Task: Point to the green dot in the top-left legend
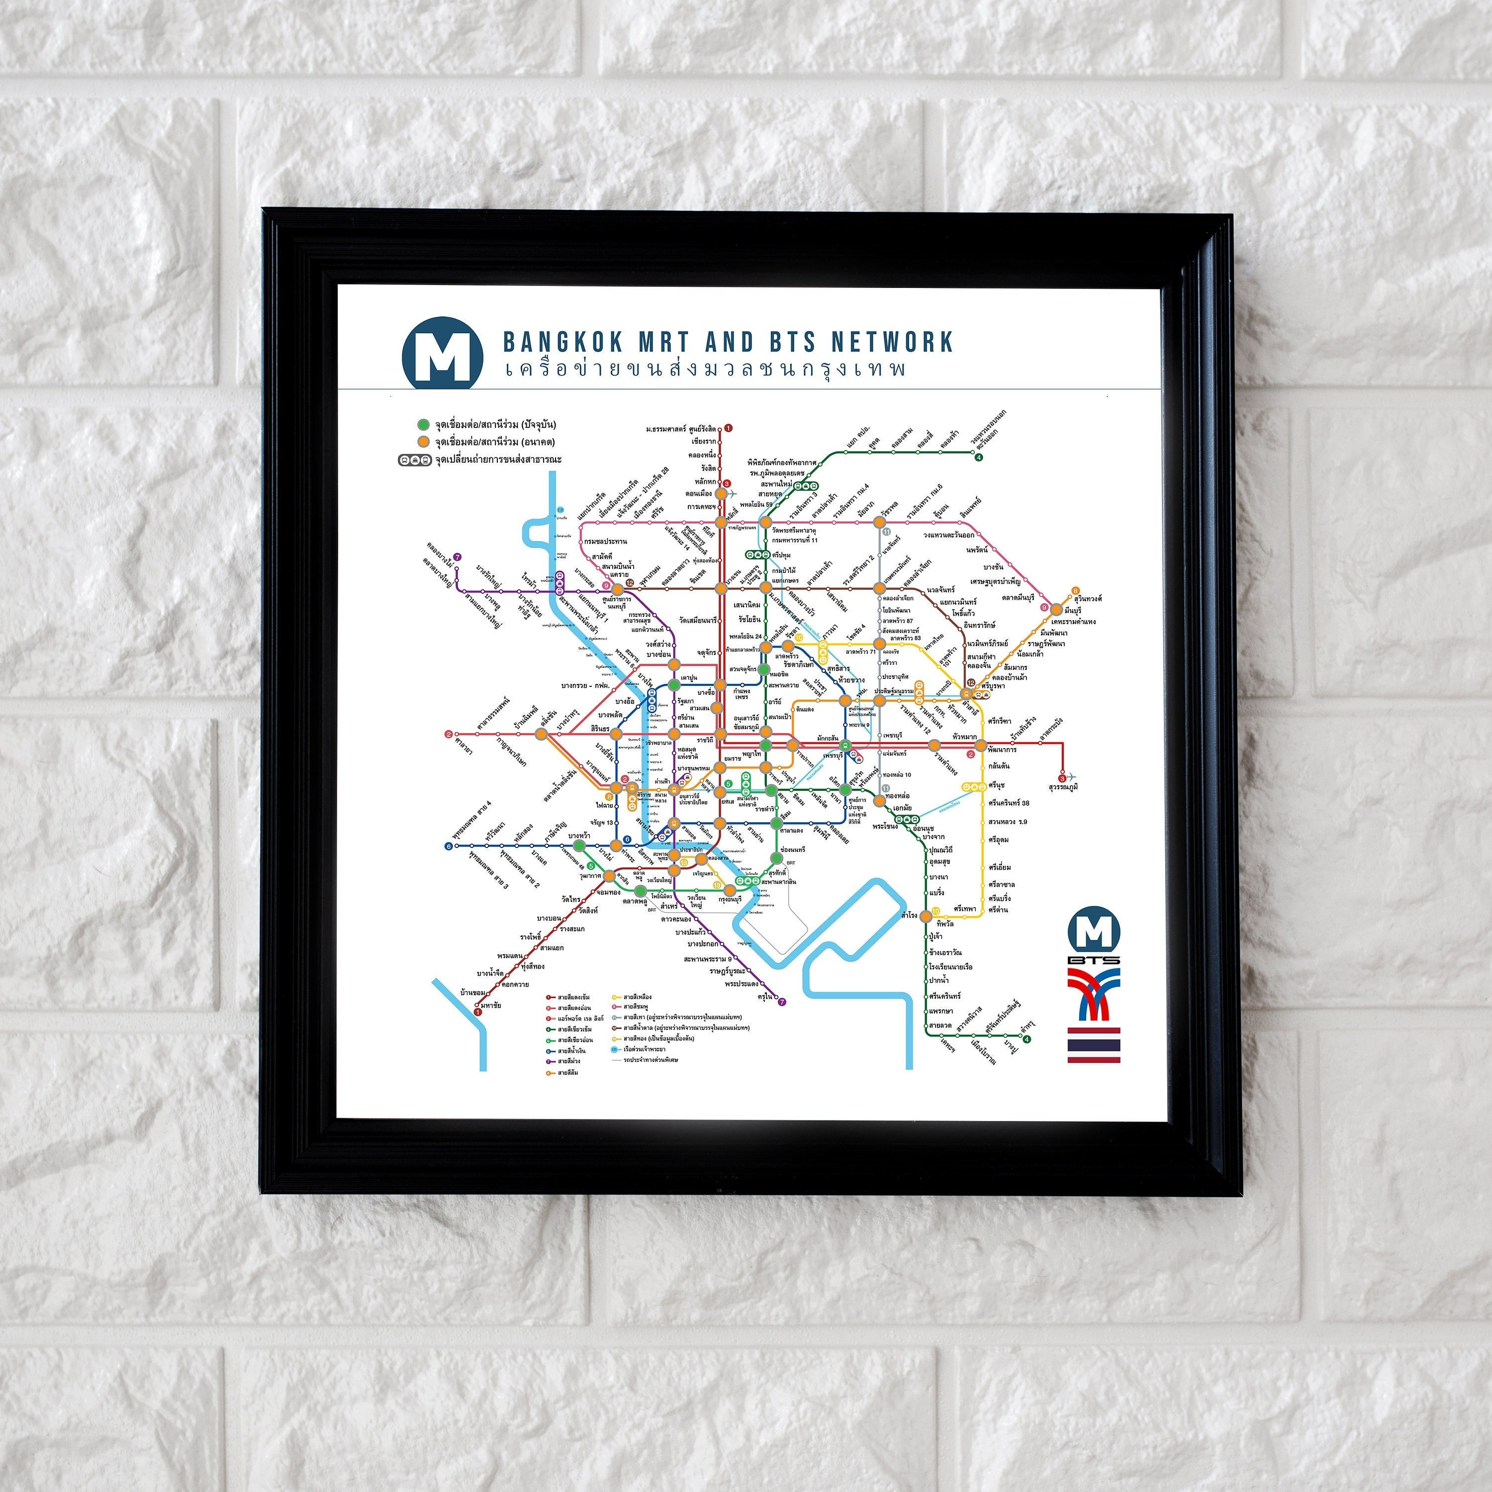(422, 425)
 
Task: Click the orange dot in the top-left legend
(422, 442)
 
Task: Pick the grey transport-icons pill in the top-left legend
(415, 460)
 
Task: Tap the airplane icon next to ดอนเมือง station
(733, 493)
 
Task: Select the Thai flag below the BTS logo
(1094, 1045)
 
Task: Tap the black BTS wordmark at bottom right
(1094, 960)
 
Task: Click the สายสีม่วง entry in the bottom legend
(569, 1062)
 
